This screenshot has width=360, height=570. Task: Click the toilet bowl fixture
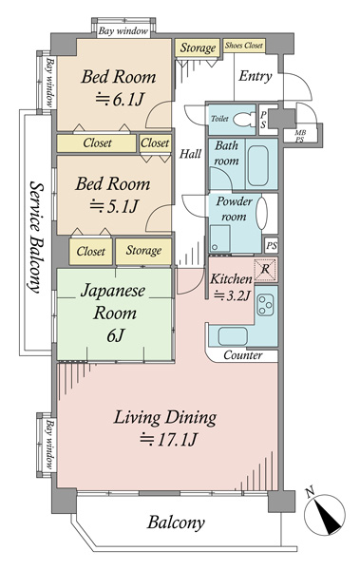[243, 120]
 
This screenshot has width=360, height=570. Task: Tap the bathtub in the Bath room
[258, 164]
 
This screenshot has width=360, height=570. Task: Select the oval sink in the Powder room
[261, 214]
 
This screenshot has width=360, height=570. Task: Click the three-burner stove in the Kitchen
[265, 304]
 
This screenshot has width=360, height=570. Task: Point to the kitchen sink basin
[233, 336]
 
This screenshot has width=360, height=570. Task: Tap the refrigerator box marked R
[265, 270]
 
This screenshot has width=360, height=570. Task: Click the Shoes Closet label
[243, 46]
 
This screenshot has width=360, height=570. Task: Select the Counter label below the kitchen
[242, 354]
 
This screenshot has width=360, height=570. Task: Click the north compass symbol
[325, 513]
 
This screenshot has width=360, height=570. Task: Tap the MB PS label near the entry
[300, 136]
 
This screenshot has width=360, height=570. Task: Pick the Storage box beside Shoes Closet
[198, 47]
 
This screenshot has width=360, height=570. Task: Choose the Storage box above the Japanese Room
[143, 251]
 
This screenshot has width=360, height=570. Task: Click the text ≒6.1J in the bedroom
[120, 99]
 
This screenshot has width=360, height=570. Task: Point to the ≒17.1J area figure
[168, 440]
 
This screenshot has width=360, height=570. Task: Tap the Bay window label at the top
[123, 31]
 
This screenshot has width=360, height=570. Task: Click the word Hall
[190, 154]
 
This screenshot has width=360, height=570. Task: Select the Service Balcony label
[36, 237]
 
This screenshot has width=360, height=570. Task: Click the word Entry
[256, 76]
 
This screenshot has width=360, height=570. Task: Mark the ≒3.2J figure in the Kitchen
[232, 295]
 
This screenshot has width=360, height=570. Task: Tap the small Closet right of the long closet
[155, 143]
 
